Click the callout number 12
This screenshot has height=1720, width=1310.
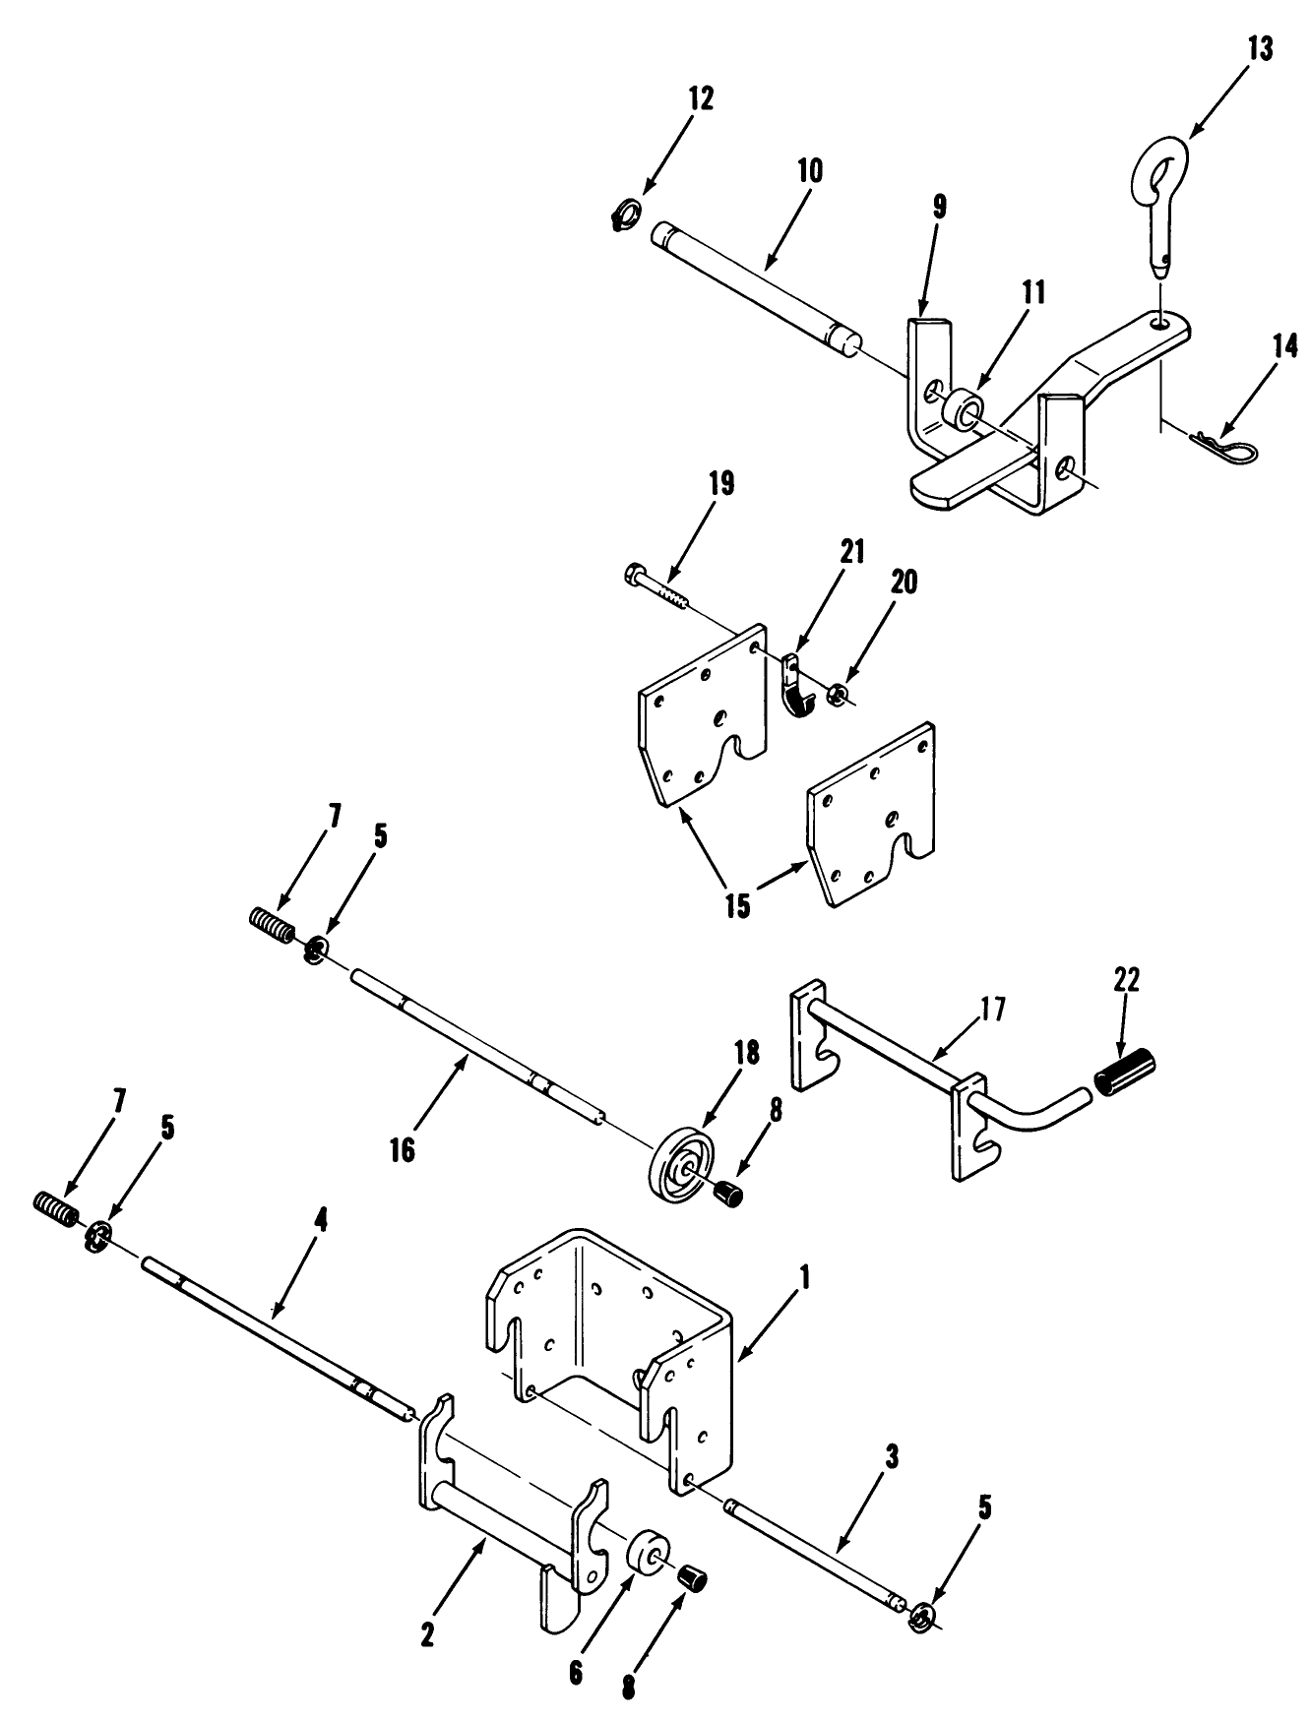[x=701, y=99]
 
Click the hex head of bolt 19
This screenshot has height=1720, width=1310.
[x=635, y=572]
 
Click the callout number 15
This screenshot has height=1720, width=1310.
[x=738, y=904]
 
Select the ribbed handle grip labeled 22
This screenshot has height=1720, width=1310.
[x=1123, y=1070]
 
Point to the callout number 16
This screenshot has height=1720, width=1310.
[x=402, y=1149]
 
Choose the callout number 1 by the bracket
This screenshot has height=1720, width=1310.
[x=805, y=1278]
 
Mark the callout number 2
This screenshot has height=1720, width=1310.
[x=427, y=1633]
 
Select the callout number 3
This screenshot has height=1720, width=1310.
[x=891, y=1458]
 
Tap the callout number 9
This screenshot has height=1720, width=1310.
[x=939, y=206]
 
